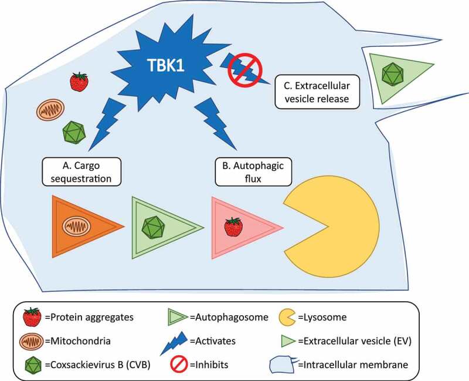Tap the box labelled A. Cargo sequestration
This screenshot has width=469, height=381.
click(x=77, y=171)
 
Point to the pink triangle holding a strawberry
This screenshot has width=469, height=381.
click(x=237, y=226)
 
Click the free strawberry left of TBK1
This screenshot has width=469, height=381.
click(x=79, y=82)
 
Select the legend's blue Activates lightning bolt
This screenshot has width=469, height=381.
click(x=178, y=340)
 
